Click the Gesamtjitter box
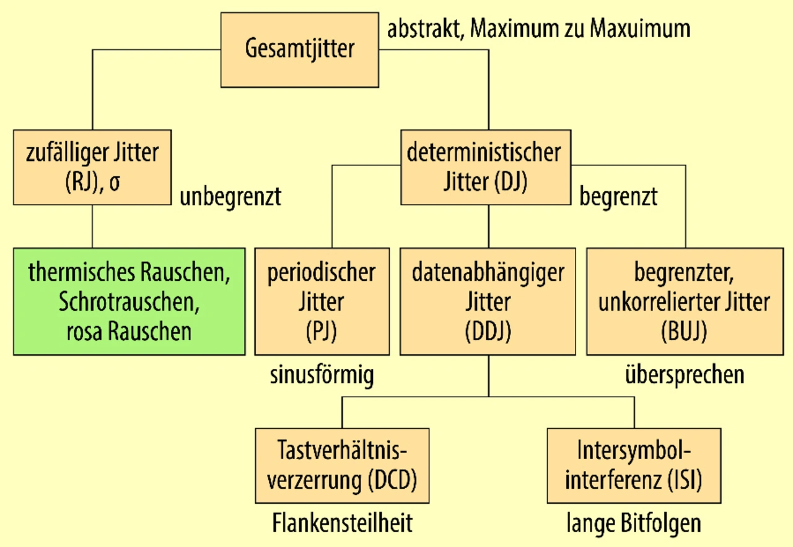tap(300, 49)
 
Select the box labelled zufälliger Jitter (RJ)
tap(92, 167)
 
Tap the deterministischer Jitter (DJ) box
tap(485, 167)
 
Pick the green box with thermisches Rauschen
tap(129, 301)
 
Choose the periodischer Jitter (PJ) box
tap(322, 301)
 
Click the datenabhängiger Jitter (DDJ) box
tap(488, 301)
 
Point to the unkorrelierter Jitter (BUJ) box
tap(684, 301)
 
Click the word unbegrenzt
tap(230, 197)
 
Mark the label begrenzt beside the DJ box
tap(618, 197)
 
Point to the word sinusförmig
tap(322, 376)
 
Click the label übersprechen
tap(685, 376)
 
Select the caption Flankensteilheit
tap(342, 523)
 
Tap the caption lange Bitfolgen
tap(634, 523)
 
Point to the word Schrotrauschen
tap(129, 301)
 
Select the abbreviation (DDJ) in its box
tap(488, 332)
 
